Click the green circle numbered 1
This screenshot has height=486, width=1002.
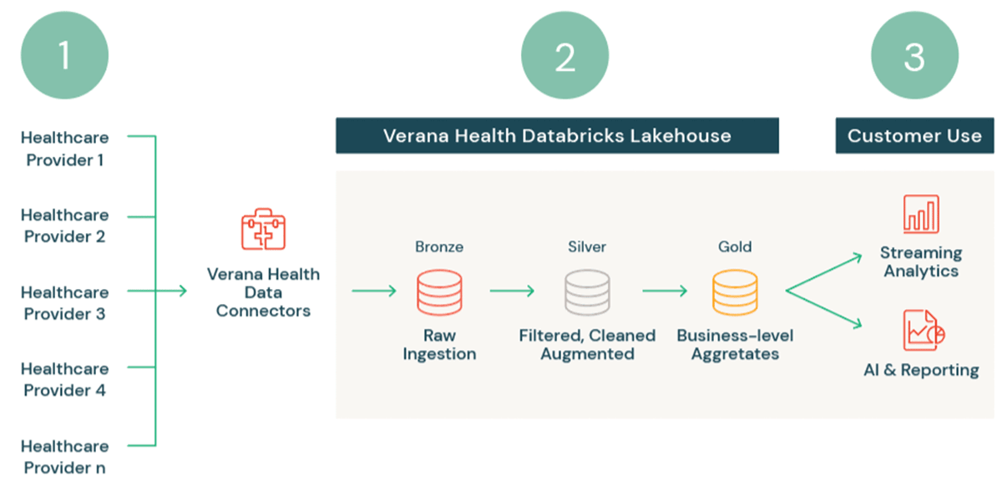tap(65, 57)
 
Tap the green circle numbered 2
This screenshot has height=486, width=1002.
tap(564, 57)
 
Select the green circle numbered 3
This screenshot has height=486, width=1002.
tap(914, 57)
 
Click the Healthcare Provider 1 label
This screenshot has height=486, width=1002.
tap(64, 149)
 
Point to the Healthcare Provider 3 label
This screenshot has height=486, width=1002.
tap(64, 303)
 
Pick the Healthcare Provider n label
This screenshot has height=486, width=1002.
tap(64, 457)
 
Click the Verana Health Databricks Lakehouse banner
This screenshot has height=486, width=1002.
tap(557, 135)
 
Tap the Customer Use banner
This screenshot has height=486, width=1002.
tap(914, 135)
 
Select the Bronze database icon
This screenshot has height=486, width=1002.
tap(439, 293)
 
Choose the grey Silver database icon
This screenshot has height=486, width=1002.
tap(587, 293)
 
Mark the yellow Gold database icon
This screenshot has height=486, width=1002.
tap(735, 293)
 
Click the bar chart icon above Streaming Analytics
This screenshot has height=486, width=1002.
tap(921, 214)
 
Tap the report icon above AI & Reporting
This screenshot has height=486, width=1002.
tap(922, 331)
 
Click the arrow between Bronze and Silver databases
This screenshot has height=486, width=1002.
tap(512, 291)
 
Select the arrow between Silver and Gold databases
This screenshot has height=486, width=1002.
tap(664, 291)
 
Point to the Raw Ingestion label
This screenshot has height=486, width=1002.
tap(439, 345)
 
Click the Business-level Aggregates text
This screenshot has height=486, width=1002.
tap(735, 345)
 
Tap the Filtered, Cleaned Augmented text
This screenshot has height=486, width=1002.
tap(587, 345)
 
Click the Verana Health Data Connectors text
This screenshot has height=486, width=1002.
tap(263, 292)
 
